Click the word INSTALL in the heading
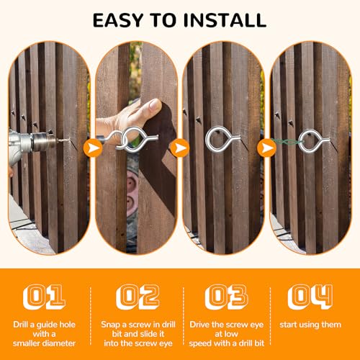pyautogui.click(x=225, y=20)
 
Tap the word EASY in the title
pyautogui.click(x=118, y=20)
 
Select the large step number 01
pyautogui.click(x=45, y=297)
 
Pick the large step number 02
pyautogui.click(x=138, y=297)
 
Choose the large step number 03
pyautogui.click(x=226, y=297)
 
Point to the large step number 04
pyautogui.click(x=310, y=297)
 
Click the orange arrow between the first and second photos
pyautogui.click(x=93, y=148)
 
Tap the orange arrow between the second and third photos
pyautogui.click(x=180, y=148)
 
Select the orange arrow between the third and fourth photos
pyautogui.click(x=266, y=148)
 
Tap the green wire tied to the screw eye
pyautogui.click(x=286, y=143)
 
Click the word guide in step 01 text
pyautogui.click(x=47, y=325)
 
